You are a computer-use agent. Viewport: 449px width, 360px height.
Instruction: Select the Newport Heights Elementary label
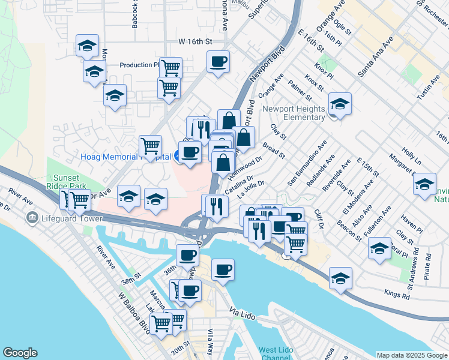tap(294, 113)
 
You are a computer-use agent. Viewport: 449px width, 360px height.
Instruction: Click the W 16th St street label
tap(196, 42)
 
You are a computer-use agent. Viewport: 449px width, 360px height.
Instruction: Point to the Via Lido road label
tap(244, 312)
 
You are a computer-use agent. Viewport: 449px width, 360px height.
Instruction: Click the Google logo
tap(20, 353)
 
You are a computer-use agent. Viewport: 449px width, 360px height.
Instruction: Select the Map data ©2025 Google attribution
tap(412, 355)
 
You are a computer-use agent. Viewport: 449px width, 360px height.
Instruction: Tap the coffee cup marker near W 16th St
tap(218, 61)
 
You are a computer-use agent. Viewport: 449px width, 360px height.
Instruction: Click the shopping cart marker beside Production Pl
tap(170, 67)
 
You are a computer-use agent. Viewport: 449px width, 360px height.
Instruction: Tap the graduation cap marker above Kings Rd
tap(340, 278)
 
